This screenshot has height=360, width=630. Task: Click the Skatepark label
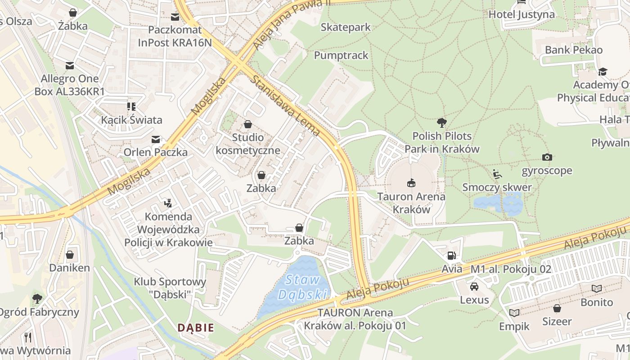346,27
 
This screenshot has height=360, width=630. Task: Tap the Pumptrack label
341,55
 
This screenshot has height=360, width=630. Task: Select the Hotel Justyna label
522,14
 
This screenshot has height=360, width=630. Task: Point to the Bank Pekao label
573,50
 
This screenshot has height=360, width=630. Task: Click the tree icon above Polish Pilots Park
442,122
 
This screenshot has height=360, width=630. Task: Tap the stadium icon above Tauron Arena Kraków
411,183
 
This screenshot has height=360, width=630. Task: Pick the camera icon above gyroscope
547,157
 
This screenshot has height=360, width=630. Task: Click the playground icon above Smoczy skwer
497,174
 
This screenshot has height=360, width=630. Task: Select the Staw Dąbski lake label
302,287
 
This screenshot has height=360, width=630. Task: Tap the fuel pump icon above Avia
451,256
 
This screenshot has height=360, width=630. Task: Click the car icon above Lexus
474,287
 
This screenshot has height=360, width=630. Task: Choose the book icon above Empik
514,313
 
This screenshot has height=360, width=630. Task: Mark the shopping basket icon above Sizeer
557,308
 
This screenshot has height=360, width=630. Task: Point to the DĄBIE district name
195,328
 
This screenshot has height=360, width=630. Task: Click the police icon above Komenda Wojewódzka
168,203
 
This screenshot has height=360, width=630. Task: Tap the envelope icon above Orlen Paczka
156,139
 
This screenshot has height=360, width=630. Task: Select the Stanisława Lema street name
286,106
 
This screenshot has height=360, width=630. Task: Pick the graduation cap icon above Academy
602,72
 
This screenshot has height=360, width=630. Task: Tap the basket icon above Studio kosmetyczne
248,124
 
